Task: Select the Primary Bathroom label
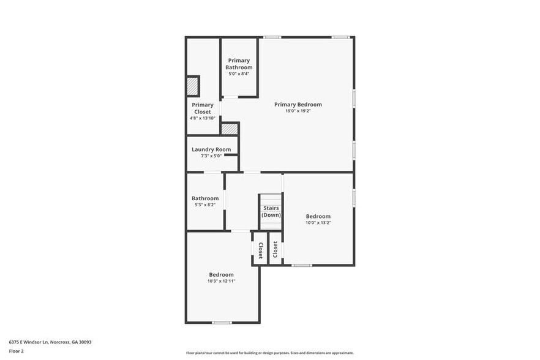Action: click(x=239, y=64)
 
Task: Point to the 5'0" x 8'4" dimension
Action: click(x=239, y=73)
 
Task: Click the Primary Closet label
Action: click(x=203, y=108)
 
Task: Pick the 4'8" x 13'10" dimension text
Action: click(x=203, y=118)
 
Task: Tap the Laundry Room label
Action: click(x=211, y=149)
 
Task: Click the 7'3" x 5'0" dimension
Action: click(x=211, y=156)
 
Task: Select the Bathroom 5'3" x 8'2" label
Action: click(x=205, y=198)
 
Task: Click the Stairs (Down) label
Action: click(x=271, y=212)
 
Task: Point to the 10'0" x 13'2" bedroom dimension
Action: click(x=318, y=223)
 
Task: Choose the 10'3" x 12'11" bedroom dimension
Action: click(x=221, y=281)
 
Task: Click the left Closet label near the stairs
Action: click(x=260, y=250)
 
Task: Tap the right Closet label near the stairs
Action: click(x=276, y=249)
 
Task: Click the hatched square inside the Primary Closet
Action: click(x=193, y=86)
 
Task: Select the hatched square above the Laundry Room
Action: click(x=229, y=129)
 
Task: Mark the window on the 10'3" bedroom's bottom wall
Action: click(x=222, y=322)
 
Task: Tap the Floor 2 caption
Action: click(x=16, y=351)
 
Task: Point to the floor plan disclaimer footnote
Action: click(x=269, y=353)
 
